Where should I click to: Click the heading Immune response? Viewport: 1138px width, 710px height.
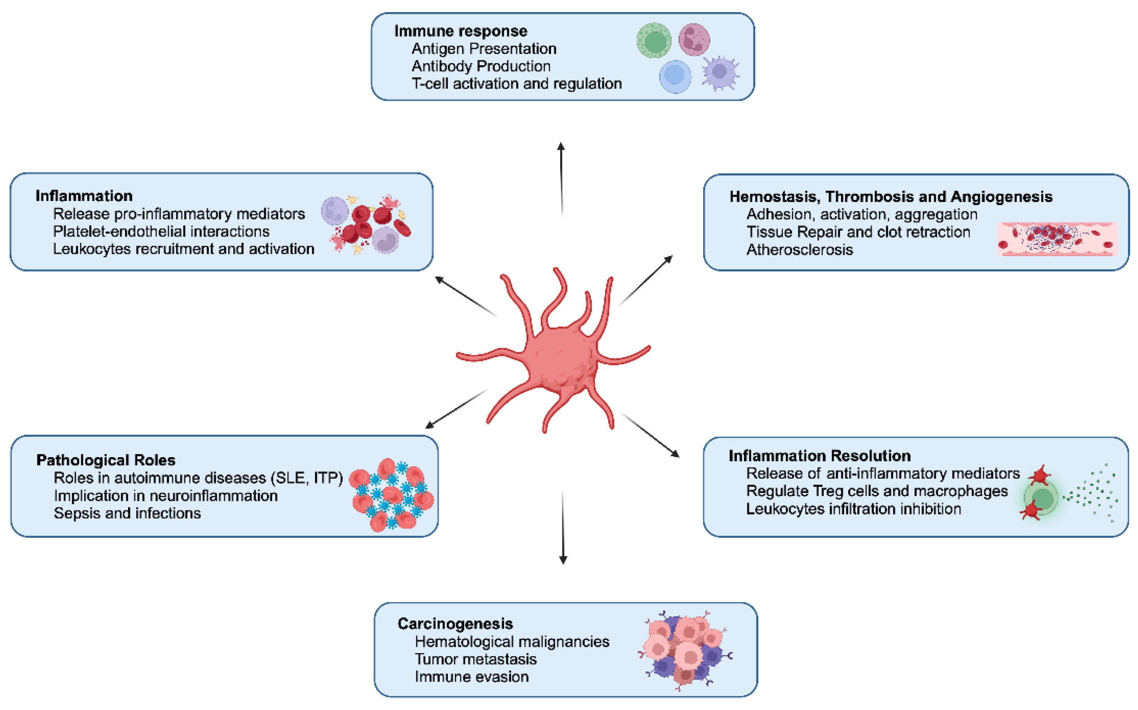460,31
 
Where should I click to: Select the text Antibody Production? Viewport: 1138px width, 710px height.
480,66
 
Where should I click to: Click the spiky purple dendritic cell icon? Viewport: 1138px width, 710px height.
719,72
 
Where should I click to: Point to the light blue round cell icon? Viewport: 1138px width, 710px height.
675,76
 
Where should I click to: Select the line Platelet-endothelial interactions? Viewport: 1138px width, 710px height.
161,232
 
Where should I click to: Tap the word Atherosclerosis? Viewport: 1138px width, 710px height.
799,250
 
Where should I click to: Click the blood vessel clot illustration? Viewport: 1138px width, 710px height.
1056,239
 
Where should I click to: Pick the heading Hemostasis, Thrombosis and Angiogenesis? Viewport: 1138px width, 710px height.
890,197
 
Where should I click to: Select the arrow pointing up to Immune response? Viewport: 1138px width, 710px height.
561,179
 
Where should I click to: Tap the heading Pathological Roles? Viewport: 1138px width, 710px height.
106,460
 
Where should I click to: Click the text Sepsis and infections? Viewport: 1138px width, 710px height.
127,513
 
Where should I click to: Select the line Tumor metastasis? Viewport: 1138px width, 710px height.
475,659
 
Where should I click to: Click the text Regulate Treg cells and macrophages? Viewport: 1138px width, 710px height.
876,491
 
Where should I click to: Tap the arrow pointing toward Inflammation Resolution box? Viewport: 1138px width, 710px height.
650,435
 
